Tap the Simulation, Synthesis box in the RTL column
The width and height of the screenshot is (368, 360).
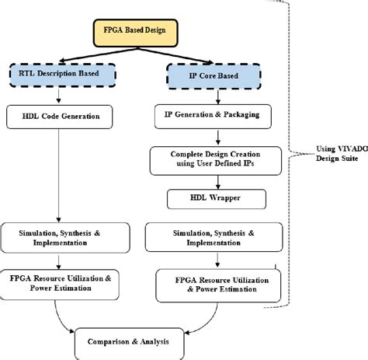60,236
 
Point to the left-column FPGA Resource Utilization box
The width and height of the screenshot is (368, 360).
60,282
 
